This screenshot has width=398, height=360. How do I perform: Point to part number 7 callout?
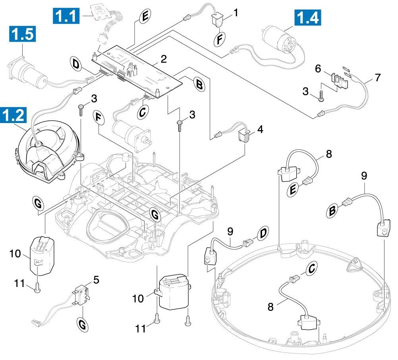[378, 76]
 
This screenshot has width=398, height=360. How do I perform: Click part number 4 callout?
[260, 129]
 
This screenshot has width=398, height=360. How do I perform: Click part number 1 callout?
[236, 13]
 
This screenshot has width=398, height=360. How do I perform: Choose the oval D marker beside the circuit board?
[76, 64]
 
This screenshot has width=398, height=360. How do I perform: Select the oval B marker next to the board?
[198, 84]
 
